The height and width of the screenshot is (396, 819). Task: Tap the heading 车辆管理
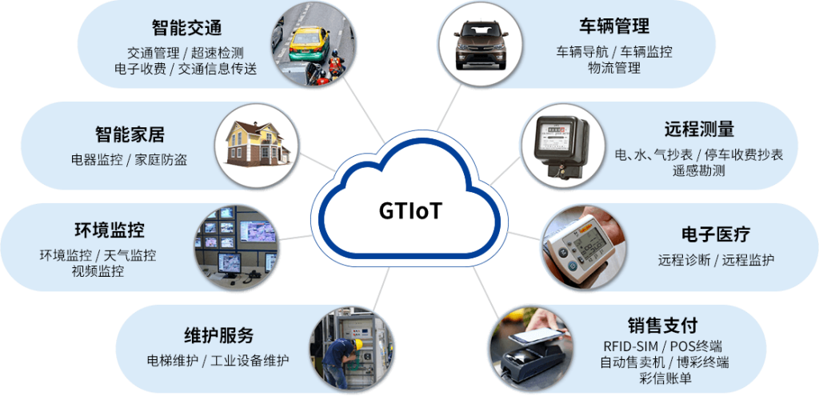tap(613, 26)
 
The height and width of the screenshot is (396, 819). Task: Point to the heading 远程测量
tap(698, 129)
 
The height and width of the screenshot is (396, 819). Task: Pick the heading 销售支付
tap(662, 326)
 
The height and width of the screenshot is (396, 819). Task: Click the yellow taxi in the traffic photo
tap(305, 40)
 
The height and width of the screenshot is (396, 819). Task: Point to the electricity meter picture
tap(557, 145)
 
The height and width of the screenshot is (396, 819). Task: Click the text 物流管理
tap(613, 69)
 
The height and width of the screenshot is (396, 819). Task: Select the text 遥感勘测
tap(698, 170)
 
